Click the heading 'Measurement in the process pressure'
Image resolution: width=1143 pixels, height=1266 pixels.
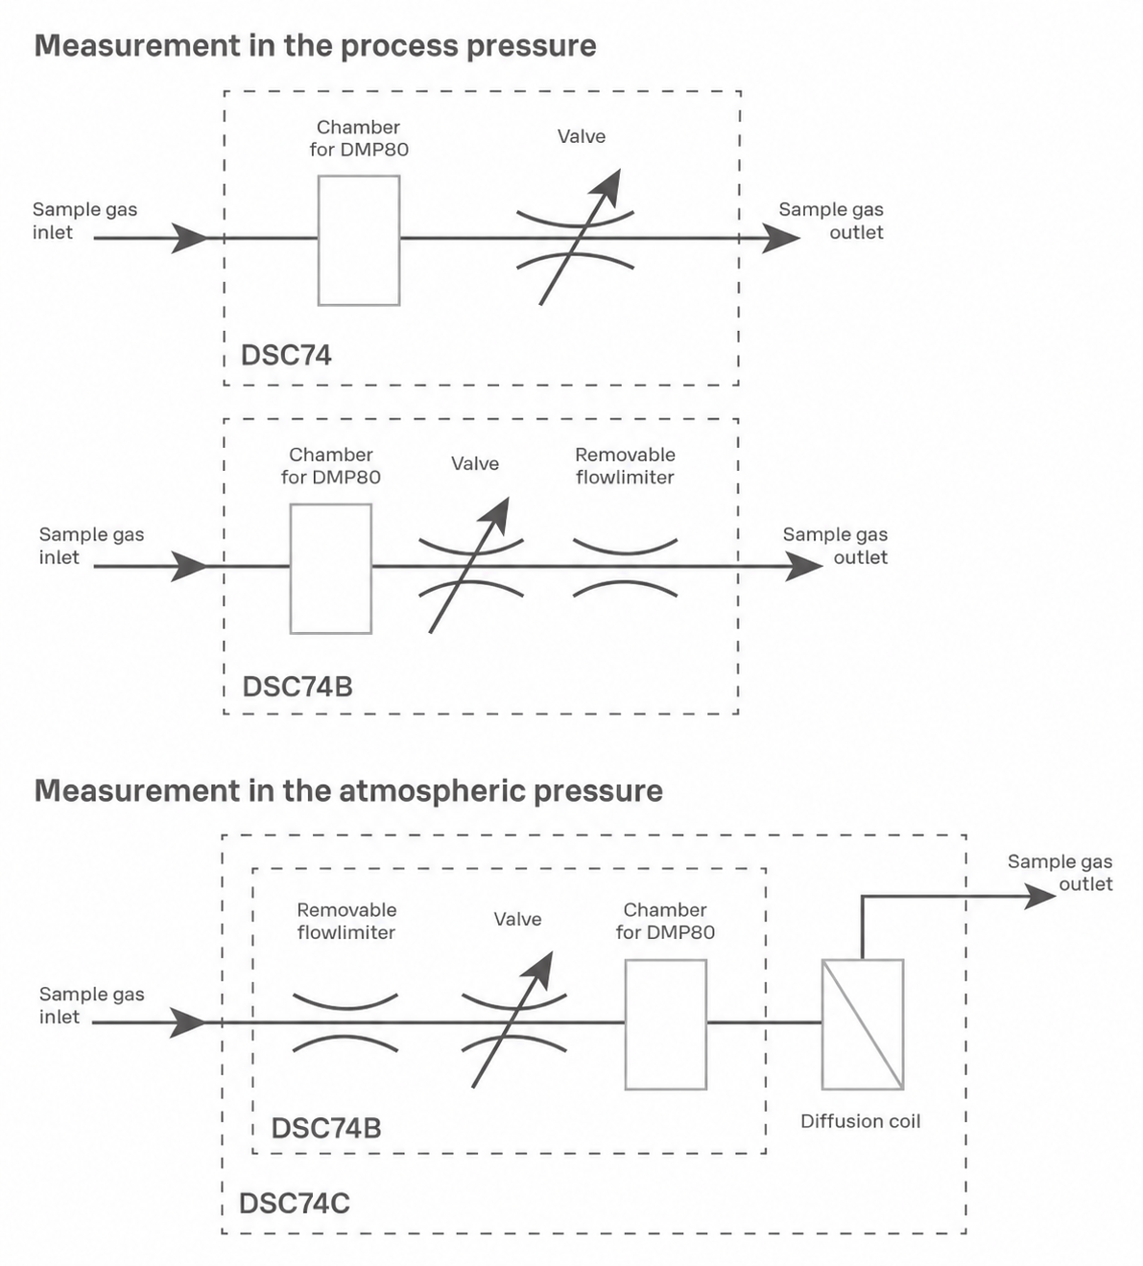pos(315,46)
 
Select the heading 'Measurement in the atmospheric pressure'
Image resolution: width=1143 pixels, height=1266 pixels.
pos(348,791)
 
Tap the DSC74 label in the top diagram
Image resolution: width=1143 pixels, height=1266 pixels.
pos(286,355)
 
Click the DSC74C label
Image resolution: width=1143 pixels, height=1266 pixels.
pos(295,1204)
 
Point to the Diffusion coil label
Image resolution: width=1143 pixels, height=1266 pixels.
pos(861,1121)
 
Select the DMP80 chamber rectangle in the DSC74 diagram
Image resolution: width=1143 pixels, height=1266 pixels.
pos(359,241)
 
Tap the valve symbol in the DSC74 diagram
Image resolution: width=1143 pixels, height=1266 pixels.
pos(575,238)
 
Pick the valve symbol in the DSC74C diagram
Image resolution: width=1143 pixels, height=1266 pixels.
pos(514,1021)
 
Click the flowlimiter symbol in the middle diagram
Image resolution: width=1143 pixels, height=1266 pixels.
pos(625,567)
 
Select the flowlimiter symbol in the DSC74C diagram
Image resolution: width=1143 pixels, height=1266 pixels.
pos(345,1022)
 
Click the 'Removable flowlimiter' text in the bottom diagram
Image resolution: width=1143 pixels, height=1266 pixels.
pos(346,921)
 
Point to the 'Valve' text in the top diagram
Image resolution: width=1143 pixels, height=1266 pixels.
pos(582,136)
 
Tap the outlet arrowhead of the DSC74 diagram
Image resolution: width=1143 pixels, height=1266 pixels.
pos(782,238)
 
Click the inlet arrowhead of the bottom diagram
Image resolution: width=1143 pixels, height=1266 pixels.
pos(189,1022)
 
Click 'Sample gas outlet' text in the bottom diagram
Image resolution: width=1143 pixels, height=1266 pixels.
pos(1060,872)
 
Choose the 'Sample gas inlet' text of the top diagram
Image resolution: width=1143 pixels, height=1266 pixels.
pos(84,221)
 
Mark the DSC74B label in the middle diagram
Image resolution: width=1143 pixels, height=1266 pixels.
pos(298,687)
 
